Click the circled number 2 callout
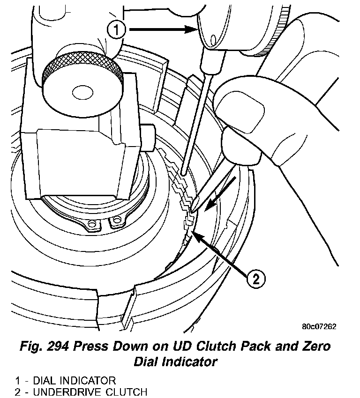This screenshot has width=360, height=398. [x=255, y=279]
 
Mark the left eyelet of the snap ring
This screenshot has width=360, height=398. [x=93, y=226]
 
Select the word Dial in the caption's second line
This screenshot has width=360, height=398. [x=149, y=361]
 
